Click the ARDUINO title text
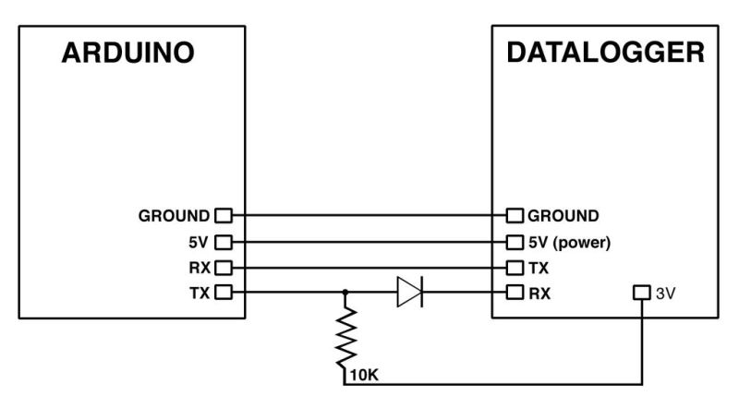(127, 54)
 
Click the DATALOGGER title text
(605, 53)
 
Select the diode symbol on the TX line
(408, 293)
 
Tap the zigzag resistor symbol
(345, 336)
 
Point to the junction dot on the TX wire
(345, 293)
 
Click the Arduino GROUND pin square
(222, 216)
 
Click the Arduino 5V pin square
(222, 242)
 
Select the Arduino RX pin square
(222, 268)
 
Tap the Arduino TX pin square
(222, 293)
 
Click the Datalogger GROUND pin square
(515, 216)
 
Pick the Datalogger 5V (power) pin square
(515, 242)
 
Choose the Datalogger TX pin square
(515, 268)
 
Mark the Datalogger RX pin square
(515, 293)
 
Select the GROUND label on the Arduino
(174, 216)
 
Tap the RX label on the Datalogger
(539, 293)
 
